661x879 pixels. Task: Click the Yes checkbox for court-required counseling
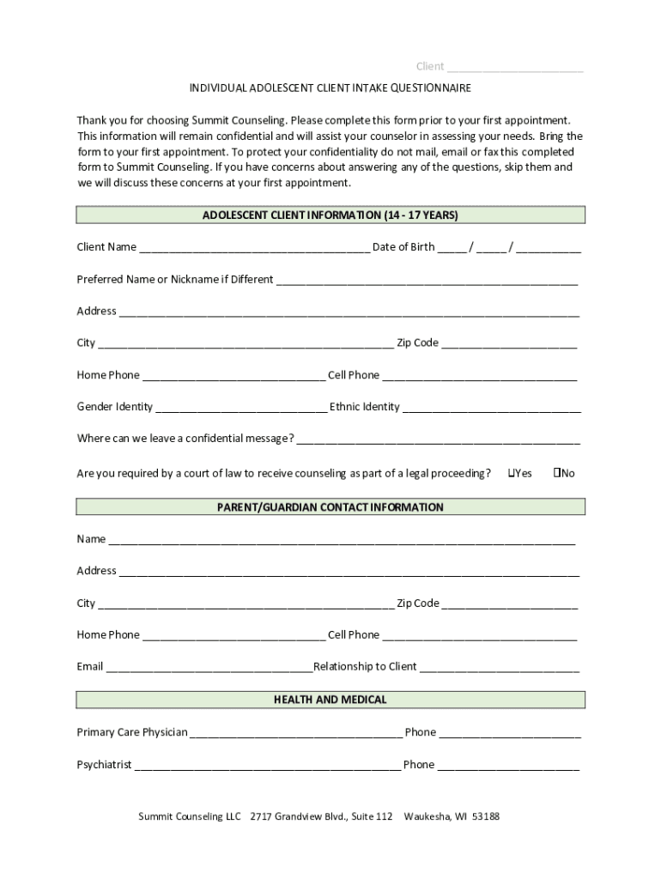click(512, 473)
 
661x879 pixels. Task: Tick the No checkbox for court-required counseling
click(557, 473)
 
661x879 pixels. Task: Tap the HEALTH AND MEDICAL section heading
click(330, 700)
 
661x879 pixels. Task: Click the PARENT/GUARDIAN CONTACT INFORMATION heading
click(330, 507)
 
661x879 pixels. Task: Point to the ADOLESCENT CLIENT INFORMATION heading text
click(330, 215)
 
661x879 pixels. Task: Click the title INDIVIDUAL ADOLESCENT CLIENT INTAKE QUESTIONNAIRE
click(330, 88)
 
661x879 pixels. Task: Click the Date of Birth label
click(403, 247)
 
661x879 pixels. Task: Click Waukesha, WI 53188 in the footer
click(452, 816)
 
